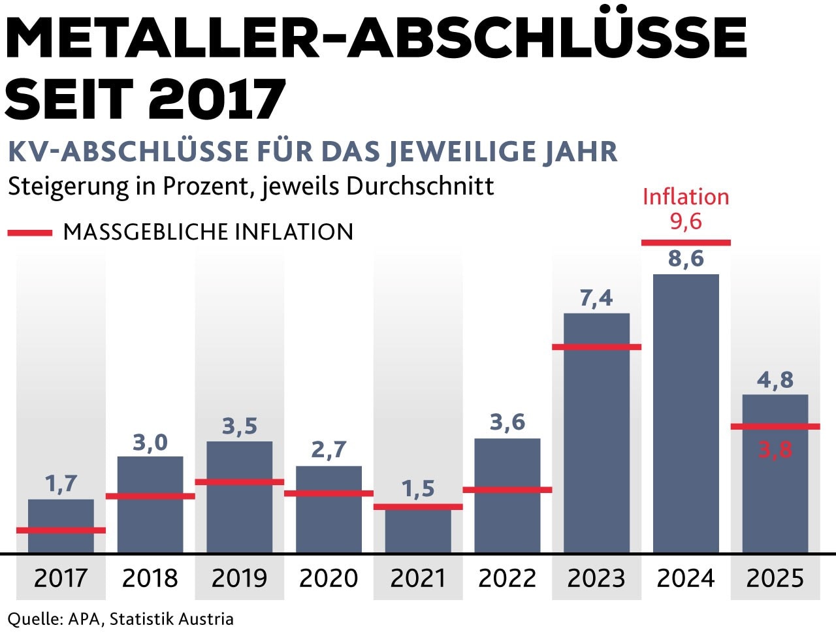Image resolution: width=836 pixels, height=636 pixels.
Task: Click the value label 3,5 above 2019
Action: [x=240, y=426]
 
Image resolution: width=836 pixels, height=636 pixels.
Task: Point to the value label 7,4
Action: [x=596, y=298]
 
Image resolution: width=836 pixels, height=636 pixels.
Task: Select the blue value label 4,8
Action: [x=775, y=379]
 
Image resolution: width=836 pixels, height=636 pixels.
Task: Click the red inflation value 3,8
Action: [x=775, y=449]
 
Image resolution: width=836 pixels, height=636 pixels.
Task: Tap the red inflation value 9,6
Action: [x=686, y=221]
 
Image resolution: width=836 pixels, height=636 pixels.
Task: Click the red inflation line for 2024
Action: [x=686, y=243]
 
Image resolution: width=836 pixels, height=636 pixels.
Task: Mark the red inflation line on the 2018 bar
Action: [x=150, y=496]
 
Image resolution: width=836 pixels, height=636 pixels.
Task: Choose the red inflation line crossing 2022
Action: [x=507, y=490]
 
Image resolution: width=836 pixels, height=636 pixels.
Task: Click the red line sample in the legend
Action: [x=29, y=232]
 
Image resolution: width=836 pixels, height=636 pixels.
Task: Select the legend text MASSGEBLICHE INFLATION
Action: [x=208, y=232]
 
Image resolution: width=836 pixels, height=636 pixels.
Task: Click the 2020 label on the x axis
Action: [x=329, y=578]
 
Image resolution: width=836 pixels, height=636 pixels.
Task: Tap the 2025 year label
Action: [x=775, y=578]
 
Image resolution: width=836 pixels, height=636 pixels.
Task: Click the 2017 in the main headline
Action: [x=217, y=99]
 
